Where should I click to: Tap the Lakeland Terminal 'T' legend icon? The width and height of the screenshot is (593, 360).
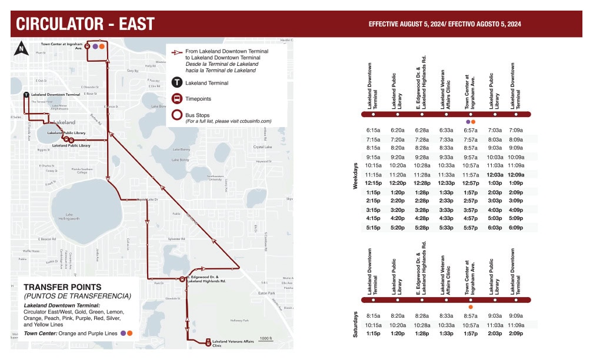176,82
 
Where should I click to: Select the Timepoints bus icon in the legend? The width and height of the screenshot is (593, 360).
176,98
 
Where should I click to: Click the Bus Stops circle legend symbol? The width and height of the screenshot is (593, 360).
176,114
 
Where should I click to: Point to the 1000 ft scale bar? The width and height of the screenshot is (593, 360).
266,339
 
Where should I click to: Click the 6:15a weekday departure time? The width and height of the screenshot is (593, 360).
373,130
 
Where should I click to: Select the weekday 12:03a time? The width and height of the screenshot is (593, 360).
495,175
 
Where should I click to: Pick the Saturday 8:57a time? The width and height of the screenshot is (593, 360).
471,316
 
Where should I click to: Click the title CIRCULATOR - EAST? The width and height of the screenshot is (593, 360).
85,24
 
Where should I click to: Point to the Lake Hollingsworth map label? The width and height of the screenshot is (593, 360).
66,217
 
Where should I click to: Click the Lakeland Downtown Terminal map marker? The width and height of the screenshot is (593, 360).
26,95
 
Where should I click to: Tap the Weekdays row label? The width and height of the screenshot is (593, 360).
355,176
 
